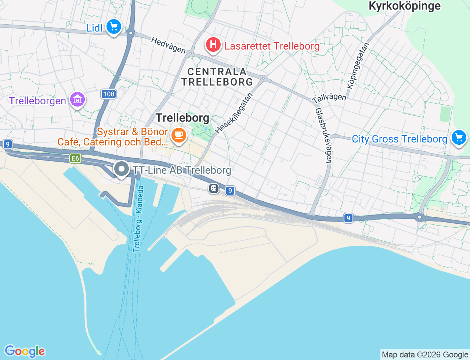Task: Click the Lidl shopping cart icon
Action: [x=114, y=27]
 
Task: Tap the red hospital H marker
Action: [x=213, y=45]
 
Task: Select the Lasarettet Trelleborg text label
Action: [x=272, y=46]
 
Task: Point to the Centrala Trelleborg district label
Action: [x=217, y=77]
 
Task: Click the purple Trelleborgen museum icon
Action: [x=77, y=99]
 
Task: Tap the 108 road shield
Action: [x=109, y=94]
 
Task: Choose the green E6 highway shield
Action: [x=75, y=158]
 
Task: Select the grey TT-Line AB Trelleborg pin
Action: [x=121, y=169]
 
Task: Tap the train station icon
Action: [x=213, y=189]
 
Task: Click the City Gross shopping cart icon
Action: [x=459, y=138]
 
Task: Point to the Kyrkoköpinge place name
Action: [x=404, y=6]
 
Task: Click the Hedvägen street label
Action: [x=168, y=45]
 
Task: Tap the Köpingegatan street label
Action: [x=358, y=65]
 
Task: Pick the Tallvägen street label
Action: [x=329, y=97]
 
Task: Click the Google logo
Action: [x=25, y=351]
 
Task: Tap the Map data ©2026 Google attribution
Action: [x=425, y=354]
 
